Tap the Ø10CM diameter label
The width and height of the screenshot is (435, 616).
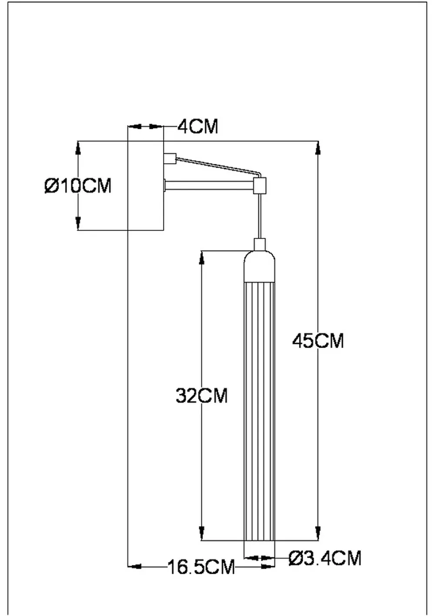point(78,186)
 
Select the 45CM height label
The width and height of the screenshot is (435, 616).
point(318,340)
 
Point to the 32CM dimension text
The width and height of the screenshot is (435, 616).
point(202,396)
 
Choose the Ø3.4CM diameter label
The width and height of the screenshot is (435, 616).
point(325,558)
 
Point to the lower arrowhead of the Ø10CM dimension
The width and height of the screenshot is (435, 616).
point(78,223)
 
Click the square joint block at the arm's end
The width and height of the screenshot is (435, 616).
point(260,186)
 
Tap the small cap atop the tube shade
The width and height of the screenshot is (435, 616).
point(260,244)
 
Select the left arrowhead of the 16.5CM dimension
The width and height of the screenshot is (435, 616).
point(135,567)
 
